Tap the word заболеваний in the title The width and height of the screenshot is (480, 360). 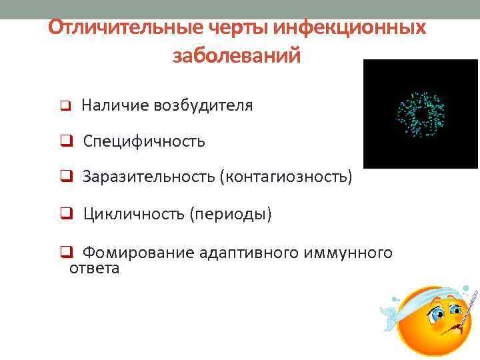pyautogui.click(x=237, y=56)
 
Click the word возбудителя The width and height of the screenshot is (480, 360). pyautogui.click(x=203, y=105)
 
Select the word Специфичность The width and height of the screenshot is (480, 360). pyautogui.click(x=144, y=142)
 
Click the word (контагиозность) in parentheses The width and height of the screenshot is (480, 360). pyautogui.click(x=288, y=177)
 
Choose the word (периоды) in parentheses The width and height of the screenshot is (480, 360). pyautogui.click(x=231, y=215)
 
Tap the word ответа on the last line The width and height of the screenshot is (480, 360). pyautogui.click(x=95, y=269)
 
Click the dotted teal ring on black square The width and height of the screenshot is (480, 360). pyautogui.click(x=421, y=114)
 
